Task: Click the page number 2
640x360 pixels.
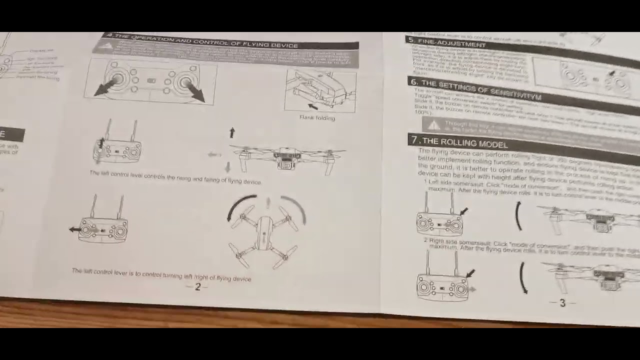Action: tap(197, 287)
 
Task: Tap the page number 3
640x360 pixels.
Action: tap(562, 303)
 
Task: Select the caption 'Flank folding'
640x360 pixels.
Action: tap(317, 118)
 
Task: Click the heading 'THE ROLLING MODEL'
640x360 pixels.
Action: tap(465, 143)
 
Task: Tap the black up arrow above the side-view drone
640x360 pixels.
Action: tap(231, 132)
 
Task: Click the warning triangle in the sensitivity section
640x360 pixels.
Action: tap(433, 124)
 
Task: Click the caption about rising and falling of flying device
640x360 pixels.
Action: tap(175, 177)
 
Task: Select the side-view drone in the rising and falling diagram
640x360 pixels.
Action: tap(287, 157)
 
